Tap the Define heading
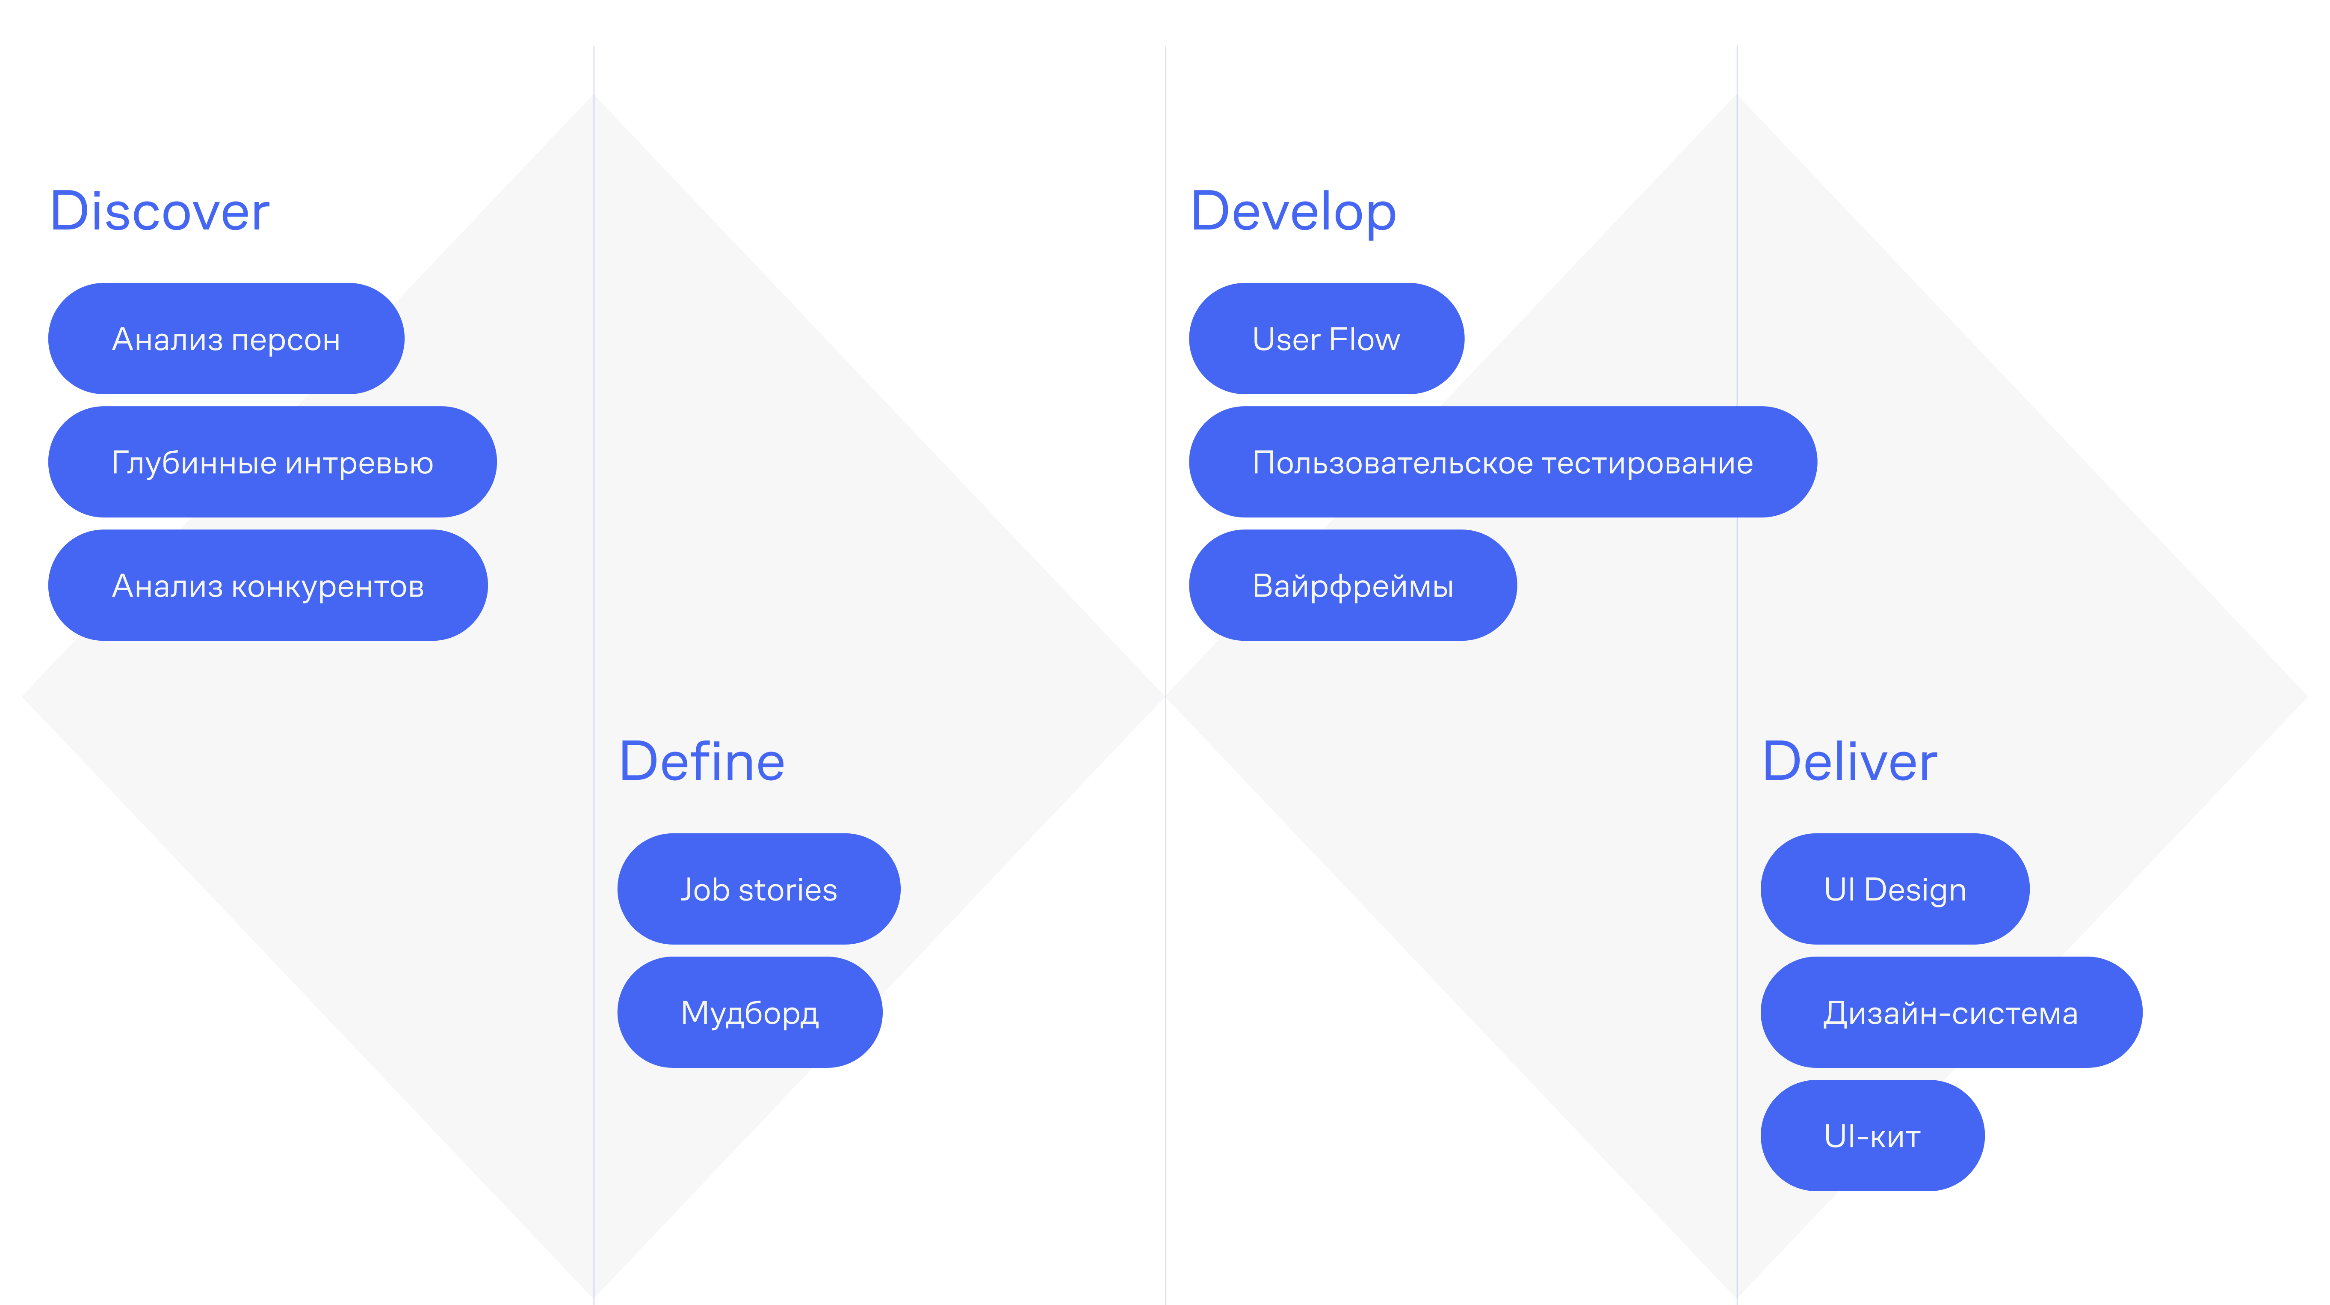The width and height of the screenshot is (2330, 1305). (702, 762)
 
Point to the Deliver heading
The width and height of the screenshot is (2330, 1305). (1850, 762)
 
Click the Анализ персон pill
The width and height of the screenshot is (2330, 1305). (226, 339)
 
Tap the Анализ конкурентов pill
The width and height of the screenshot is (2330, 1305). (268, 586)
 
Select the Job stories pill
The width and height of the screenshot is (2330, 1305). (759, 889)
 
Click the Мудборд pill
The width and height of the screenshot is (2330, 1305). (750, 1012)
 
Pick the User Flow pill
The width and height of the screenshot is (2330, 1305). (1326, 339)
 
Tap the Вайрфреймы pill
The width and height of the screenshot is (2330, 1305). (1352, 586)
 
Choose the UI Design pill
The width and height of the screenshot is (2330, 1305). (1895, 889)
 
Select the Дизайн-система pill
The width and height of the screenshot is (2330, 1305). (1951, 1012)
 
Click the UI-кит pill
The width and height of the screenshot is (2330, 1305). (1872, 1135)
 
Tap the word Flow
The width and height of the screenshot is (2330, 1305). (1365, 339)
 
